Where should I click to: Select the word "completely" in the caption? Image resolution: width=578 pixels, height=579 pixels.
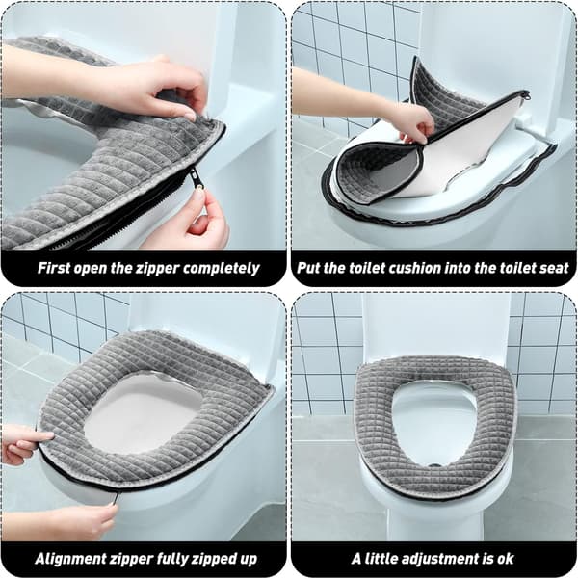(221, 269)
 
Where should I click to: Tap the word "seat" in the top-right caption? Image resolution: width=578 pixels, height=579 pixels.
(554, 268)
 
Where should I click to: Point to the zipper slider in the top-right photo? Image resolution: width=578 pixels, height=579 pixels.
(526, 96)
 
